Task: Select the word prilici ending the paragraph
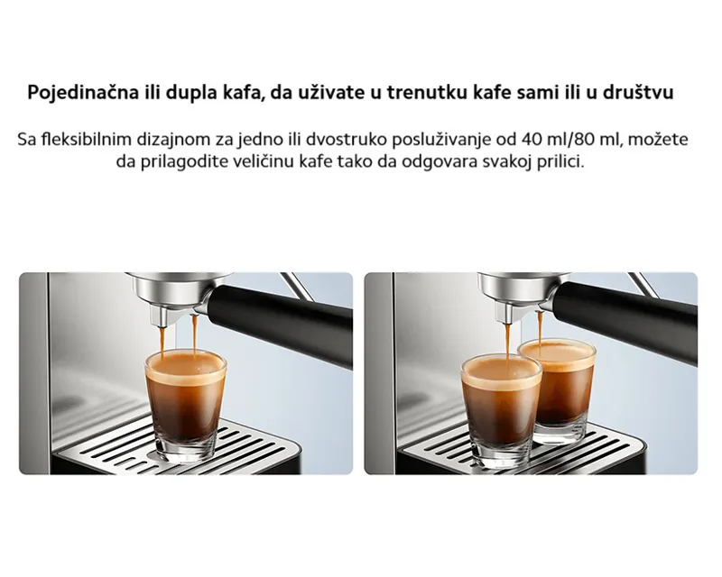564,164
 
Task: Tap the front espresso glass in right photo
501,406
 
